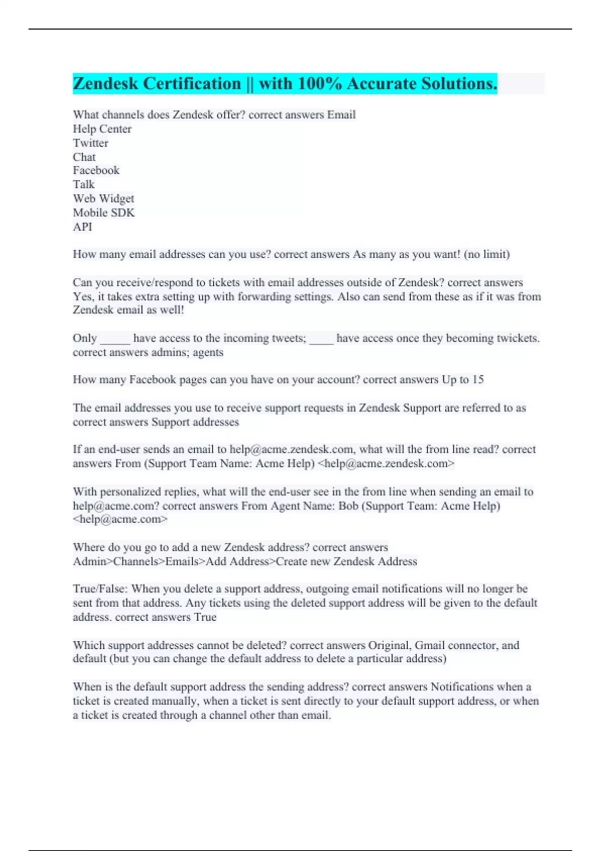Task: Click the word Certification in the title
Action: (192, 84)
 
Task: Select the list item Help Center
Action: (102, 129)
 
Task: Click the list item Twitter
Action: (91, 143)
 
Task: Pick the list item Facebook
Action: (96, 171)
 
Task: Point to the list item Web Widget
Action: (104, 199)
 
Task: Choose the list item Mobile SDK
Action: (104, 213)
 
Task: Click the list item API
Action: (83, 227)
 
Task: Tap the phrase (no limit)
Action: (487, 254)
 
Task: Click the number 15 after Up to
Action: (478, 379)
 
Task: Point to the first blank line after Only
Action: (115, 340)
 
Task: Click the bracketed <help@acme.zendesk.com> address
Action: (386, 464)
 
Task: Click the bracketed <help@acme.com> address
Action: (120, 519)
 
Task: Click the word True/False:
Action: (100, 589)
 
